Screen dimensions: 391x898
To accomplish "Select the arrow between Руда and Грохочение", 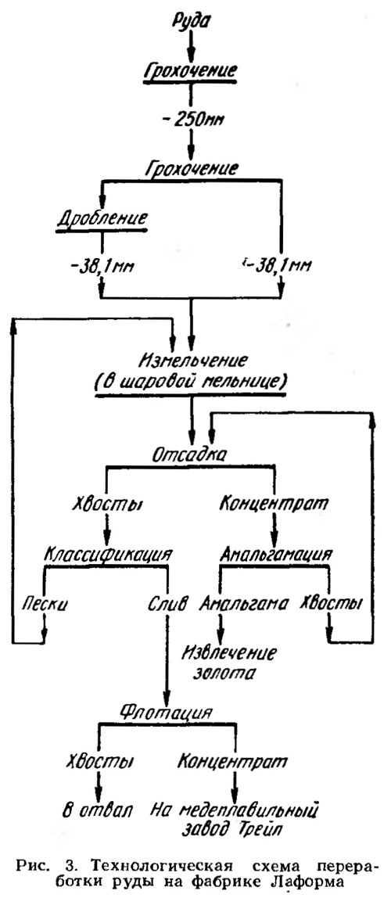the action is [x=192, y=45].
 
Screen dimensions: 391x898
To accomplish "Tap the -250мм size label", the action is [x=192, y=120].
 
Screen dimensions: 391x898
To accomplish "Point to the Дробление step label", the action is [x=102, y=219].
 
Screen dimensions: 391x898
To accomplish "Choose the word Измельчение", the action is [x=192, y=361].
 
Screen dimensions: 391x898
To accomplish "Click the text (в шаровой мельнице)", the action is [x=192, y=382].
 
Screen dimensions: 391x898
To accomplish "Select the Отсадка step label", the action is [x=192, y=455].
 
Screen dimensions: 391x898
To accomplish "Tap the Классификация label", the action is [x=109, y=555].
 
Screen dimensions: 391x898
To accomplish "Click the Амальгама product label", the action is [x=242, y=603].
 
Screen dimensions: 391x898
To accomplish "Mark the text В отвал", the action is [x=97, y=810].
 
